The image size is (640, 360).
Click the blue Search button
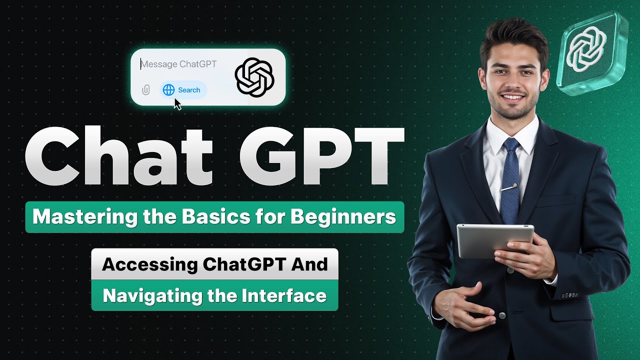click(183, 90)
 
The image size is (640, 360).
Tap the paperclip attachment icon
click(145, 90)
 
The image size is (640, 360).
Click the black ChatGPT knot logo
click(254, 76)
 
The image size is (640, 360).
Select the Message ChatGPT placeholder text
click(178, 64)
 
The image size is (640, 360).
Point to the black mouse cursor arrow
click(177, 103)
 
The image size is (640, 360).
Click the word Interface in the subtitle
click(284, 295)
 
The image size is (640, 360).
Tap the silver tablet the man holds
click(495, 241)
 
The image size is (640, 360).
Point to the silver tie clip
click(509, 188)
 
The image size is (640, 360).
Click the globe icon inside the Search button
click(169, 90)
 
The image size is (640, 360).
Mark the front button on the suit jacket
click(501, 315)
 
